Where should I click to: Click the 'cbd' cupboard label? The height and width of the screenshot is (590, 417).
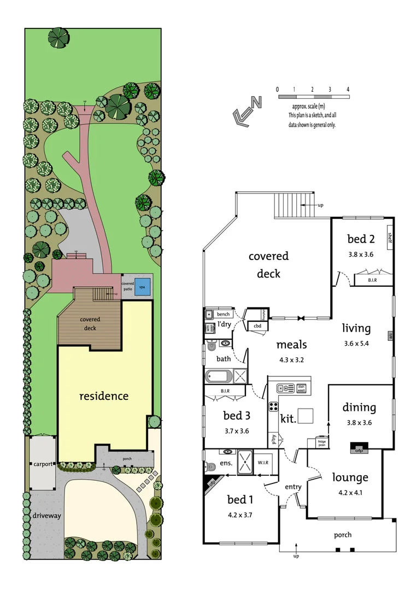256,326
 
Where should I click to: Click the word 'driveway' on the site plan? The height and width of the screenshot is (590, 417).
46,515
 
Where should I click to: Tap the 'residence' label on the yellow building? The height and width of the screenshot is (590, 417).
104,396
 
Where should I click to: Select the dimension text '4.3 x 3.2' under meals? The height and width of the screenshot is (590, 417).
291,360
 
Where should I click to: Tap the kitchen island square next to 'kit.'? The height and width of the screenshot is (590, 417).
306,416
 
